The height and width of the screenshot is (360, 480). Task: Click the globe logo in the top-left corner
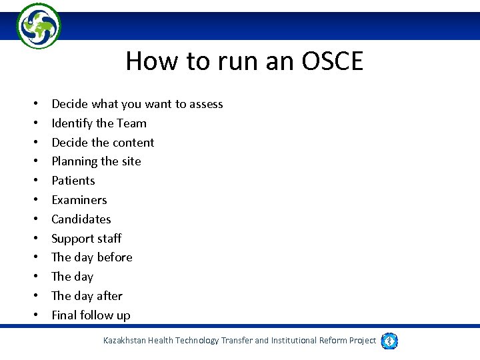coord(39,25)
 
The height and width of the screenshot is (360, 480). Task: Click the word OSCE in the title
coord(333,61)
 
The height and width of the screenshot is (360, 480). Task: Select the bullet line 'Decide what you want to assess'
coord(137,104)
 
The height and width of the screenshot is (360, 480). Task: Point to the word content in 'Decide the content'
coord(132,143)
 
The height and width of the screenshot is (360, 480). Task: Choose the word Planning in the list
coord(74,162)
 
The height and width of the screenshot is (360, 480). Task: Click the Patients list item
coord(73,181)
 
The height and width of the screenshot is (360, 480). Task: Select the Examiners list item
coord(79,200)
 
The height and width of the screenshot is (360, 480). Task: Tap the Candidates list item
coord(81,219)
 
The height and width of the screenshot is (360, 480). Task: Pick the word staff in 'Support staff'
coord(108,239)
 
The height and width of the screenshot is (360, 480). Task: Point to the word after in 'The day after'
coord(109,296)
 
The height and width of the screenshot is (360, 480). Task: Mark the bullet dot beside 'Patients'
coord(33,181)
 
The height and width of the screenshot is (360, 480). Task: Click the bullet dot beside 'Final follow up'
coord(33,316)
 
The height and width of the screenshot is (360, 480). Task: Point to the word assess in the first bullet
coord(206,104)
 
